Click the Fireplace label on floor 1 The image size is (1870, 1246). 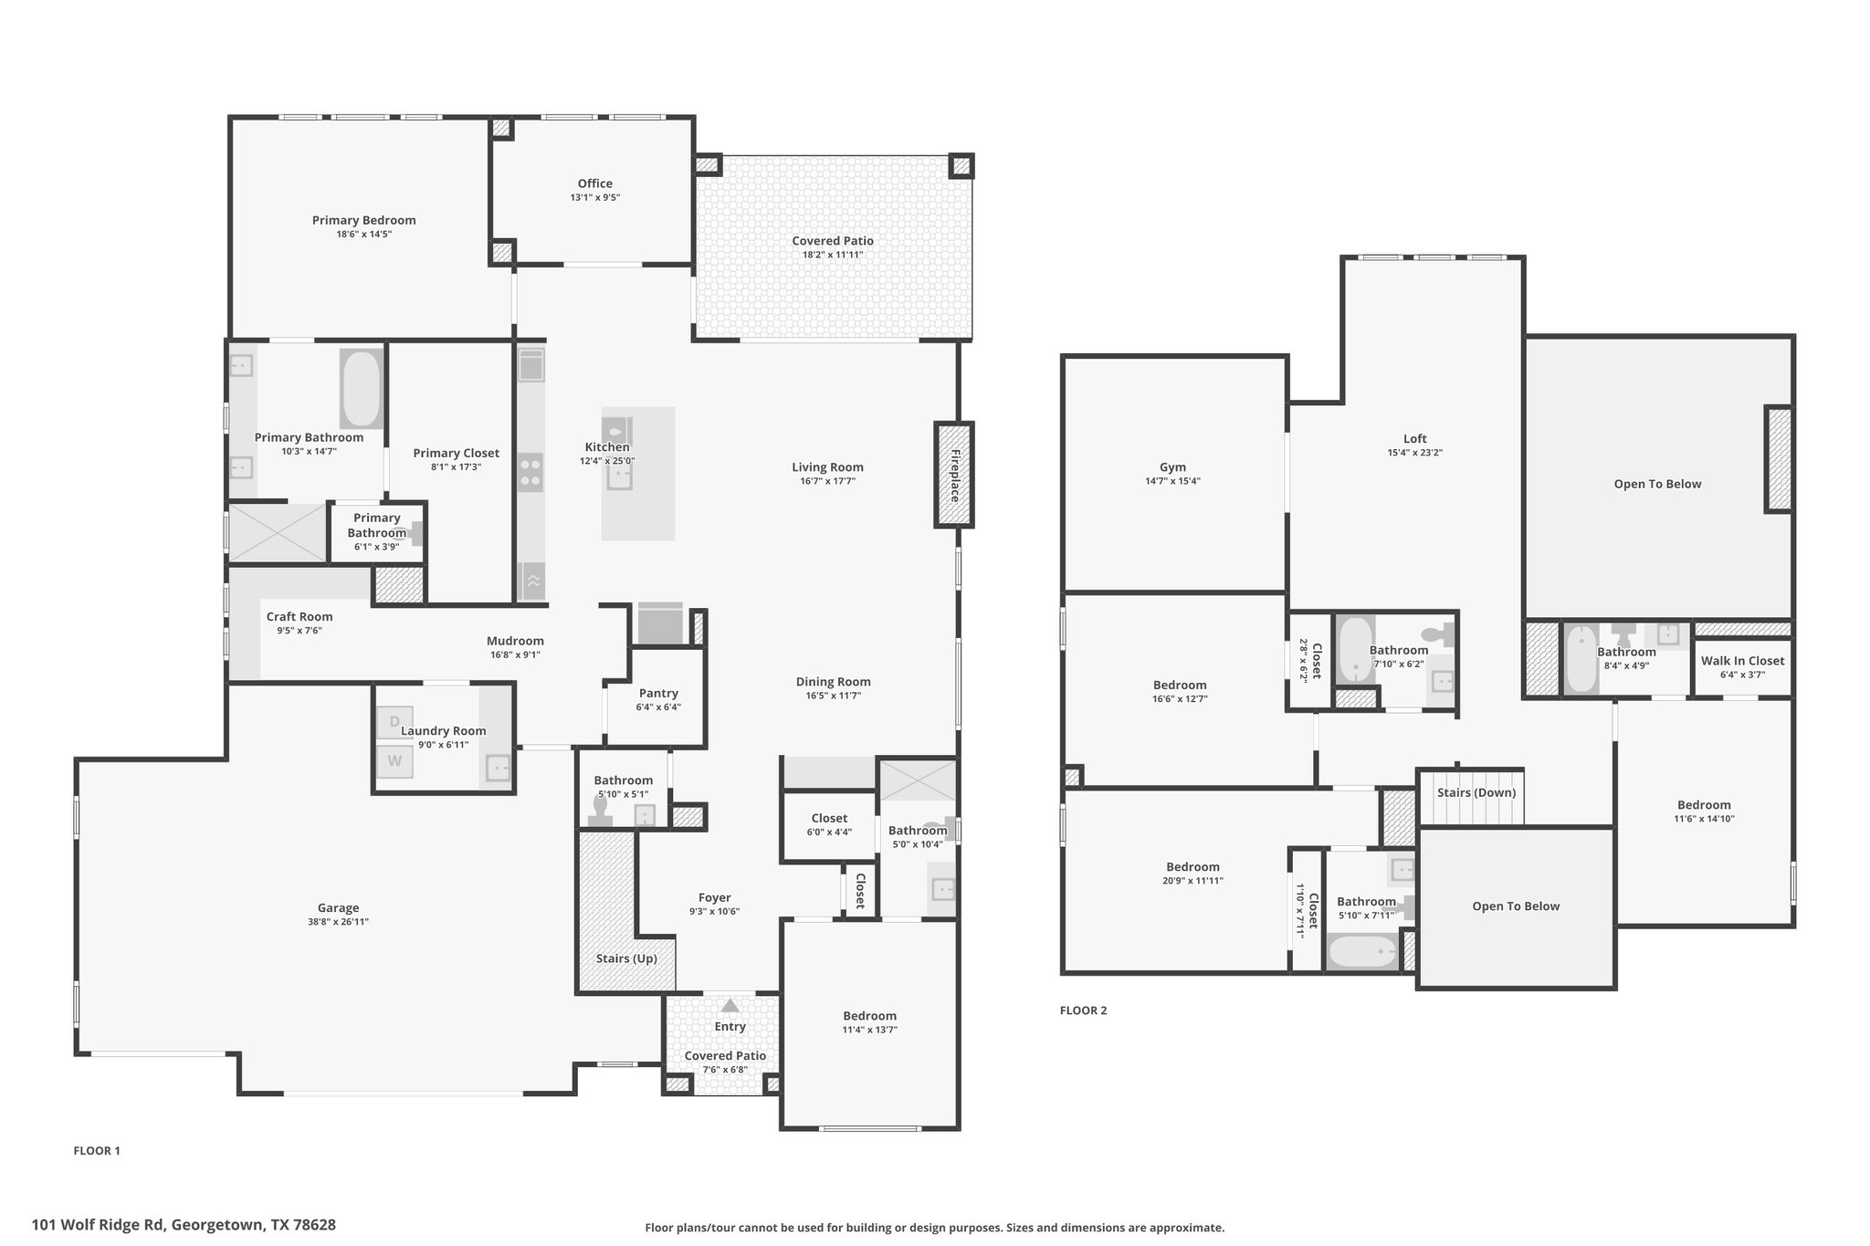click(x=955, y=476)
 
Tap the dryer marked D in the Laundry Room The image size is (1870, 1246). click(x=394, y=722)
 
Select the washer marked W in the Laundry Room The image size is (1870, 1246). click(x=394, y=759)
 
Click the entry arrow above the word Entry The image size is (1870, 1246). click(x=730, y=1006)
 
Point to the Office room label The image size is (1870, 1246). click(x=595, y=183)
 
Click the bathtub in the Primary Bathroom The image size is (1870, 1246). click(x=361, y=389)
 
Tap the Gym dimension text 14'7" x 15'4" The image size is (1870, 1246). click(x=1173, y=481)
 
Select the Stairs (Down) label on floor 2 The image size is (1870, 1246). click(x=1476, y=792)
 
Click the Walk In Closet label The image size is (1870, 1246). click(x=1742, y=661)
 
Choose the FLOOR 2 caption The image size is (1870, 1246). click(x=1084, y=1010)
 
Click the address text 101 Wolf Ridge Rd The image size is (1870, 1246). click(x=98, y=1225)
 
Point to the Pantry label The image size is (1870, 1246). click(x=658, y=693)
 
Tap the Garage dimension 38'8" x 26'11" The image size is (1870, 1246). click(x=339, y=922)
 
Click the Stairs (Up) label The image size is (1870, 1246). click(x=626, y=958)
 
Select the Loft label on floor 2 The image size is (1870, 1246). click(x=1415, y=439)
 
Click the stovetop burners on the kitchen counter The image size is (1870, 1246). click(x=531, y=473)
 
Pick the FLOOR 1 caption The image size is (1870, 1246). click(x=97, y=1150)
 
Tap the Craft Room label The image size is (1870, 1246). click(x=299, y=616)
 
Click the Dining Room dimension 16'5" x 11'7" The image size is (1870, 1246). click(x=834, y=696)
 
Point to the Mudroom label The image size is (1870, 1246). click(x=515, y=641)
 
